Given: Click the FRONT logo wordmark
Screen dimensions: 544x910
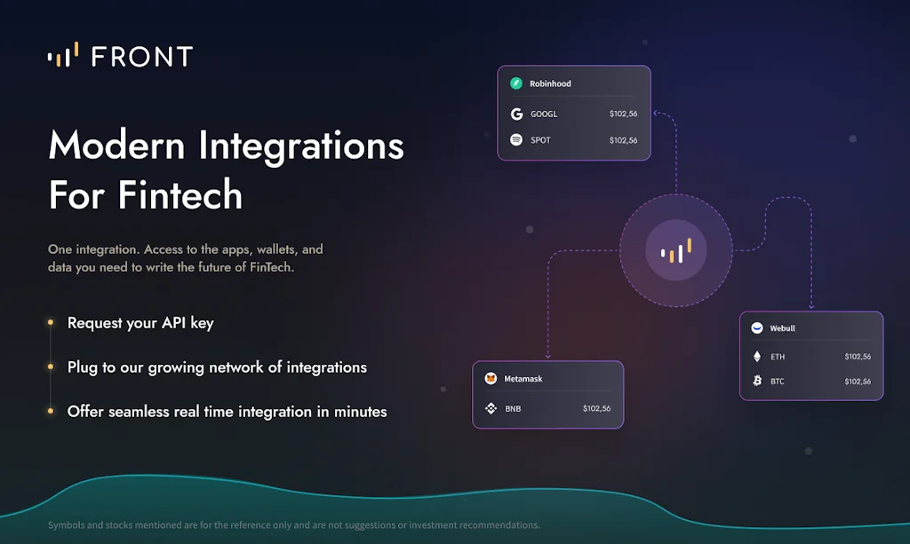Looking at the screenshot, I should [141, 57].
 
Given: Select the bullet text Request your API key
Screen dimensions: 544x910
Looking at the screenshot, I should [140, 323].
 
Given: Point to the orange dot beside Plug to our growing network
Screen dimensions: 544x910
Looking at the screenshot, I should [50, 367].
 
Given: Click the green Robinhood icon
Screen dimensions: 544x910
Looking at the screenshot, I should [516, 83].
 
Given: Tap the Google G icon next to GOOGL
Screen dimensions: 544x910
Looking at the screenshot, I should [516, 114].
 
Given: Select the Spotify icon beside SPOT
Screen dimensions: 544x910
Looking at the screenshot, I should [516, 140].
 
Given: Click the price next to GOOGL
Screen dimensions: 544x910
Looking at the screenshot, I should [623, 114].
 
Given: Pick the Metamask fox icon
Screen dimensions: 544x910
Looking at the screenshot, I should [491, 379].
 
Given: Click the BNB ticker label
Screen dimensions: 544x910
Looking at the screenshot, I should [513, 409].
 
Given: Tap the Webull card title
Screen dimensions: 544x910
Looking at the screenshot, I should [782, 328].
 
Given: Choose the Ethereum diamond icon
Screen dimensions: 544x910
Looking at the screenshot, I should [757, 357].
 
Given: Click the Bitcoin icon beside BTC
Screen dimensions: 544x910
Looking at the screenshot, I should [757, 382].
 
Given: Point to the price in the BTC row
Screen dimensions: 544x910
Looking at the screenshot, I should [858, 382].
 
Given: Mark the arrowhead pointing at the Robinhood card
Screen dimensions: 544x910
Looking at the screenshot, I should [656, 114].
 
